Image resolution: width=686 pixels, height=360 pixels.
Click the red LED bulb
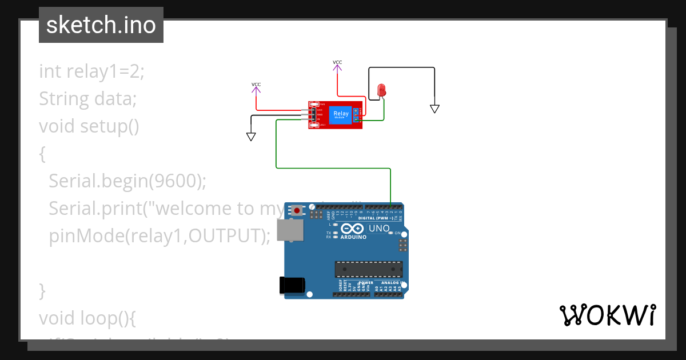[382, 90]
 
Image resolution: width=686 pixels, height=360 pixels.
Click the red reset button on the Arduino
[297, 211]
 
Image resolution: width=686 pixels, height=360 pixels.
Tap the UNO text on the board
[380, 229]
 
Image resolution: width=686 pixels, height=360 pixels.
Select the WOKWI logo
[607, 315]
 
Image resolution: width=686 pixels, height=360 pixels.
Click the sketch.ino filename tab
[101, 25]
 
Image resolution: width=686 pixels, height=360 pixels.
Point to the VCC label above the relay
[337, 62]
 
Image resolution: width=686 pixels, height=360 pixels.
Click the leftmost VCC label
[256, 85]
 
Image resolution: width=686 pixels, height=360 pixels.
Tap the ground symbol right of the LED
[434, 109]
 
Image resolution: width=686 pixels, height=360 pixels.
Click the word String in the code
[62, 99]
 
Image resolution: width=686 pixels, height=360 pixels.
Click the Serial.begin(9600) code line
[127, 181]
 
